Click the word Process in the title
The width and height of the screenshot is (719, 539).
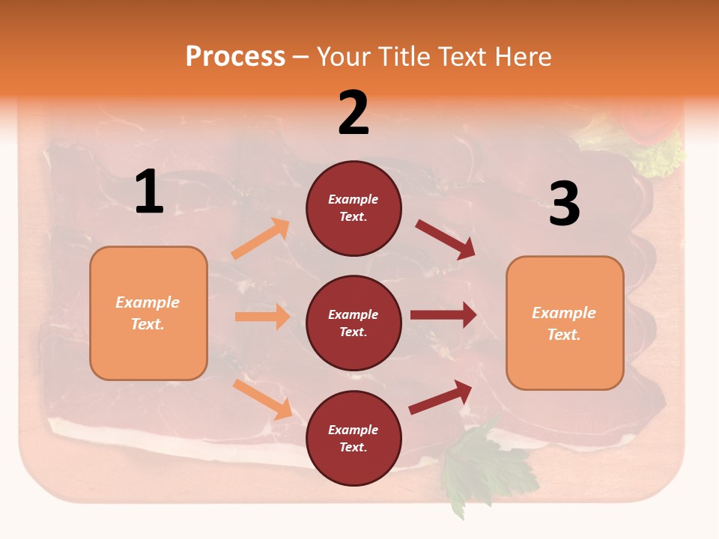pos(235,57)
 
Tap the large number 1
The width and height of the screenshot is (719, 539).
pos(149,192)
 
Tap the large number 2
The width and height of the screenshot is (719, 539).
pos(354,113)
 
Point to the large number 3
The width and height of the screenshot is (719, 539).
pos(564,204)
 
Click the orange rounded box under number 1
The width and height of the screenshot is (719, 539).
pos(148,313)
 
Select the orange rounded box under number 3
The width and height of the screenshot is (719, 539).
pos(565,323)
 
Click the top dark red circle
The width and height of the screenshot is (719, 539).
pos(354,208)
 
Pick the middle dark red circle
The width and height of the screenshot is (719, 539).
pos(354,323)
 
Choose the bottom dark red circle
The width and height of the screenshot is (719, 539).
pos(354,438)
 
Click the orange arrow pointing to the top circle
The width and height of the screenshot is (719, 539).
pos(261,239)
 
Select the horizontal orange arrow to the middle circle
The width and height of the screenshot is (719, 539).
pos(262,317)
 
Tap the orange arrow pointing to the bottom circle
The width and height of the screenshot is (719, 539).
pos(262,399)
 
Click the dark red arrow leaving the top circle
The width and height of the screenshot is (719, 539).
pos(446,239)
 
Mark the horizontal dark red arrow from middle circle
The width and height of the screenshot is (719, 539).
pos(443,314)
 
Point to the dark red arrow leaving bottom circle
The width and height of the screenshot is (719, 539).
pos(440,398)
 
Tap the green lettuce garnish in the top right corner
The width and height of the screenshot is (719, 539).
pos(659,153)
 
